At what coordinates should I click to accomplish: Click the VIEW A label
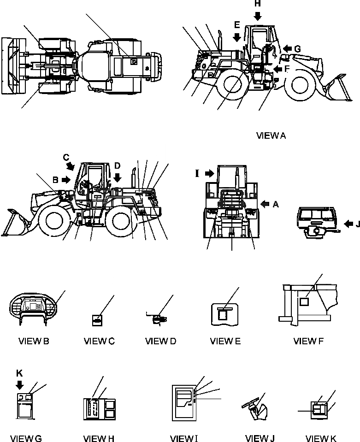271,136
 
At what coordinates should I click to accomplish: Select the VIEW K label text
321,438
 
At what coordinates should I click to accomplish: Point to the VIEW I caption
184,438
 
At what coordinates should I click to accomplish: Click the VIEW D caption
160,341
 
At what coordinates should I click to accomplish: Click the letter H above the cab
257,4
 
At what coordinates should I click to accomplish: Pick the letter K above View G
19,373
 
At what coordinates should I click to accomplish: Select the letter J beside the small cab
356,225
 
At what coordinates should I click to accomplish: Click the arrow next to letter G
287,48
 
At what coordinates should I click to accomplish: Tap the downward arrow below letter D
118,177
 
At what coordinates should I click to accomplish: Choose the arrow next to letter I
211,174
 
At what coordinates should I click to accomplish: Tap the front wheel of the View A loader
297,86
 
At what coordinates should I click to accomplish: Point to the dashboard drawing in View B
34,308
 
